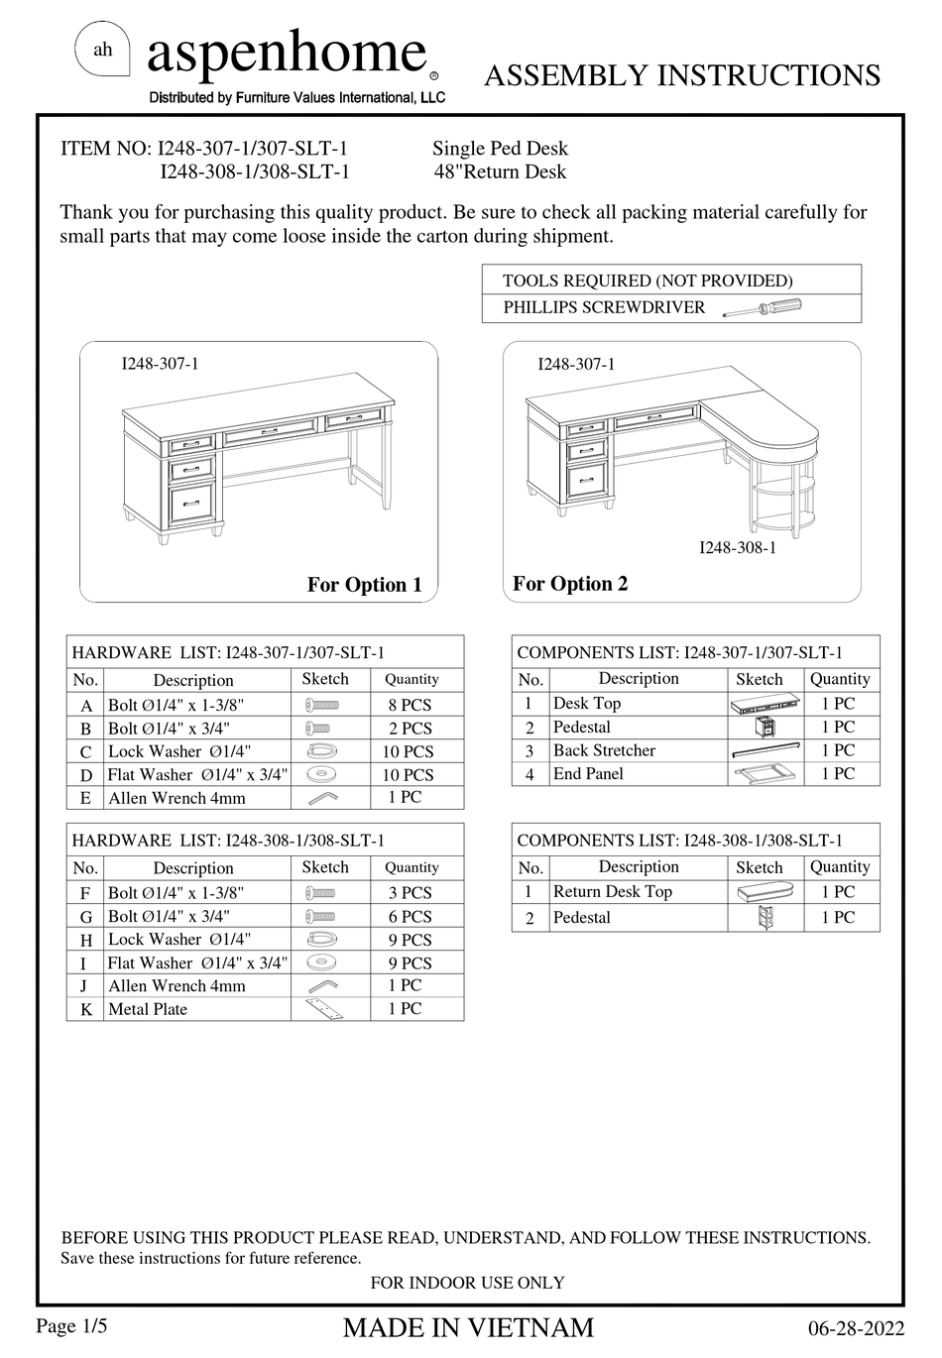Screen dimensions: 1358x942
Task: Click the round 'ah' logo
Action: [x=103, y=51]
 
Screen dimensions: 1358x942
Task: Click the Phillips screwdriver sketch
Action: [x=762, y=307]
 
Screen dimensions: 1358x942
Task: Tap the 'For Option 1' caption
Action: [x=365, y=585]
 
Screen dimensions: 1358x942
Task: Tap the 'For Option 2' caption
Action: [x=570, y=584]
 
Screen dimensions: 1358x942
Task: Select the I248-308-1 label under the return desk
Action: [x=738, y=547]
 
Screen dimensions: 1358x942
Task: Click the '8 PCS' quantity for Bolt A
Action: [x=410, y=705]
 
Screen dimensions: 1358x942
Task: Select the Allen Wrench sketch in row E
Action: [x=322, y=798]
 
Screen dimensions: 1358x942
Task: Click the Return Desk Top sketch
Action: [x=765, y=892]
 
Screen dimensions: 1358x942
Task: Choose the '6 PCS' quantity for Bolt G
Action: [x=410, y=917]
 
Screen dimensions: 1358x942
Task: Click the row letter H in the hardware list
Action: [x=86, y=940]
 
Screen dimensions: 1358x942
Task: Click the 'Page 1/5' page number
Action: [x=71, y=1326]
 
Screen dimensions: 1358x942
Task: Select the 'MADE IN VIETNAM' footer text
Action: [x=468, y=1328]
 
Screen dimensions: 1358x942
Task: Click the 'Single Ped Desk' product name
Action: [x=500, y=149]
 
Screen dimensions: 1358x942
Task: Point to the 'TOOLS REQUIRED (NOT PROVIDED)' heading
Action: [x=648, y=281]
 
